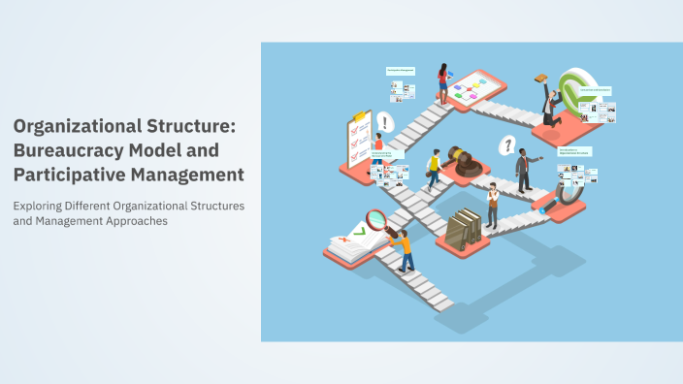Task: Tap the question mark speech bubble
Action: (505, 146)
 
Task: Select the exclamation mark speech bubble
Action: (386, 122)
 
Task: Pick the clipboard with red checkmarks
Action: (355, 140)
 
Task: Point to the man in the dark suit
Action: (523, 171)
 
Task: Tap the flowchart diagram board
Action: (474, 89)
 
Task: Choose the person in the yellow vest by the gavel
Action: (434, 170)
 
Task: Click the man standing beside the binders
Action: (492, 205)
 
